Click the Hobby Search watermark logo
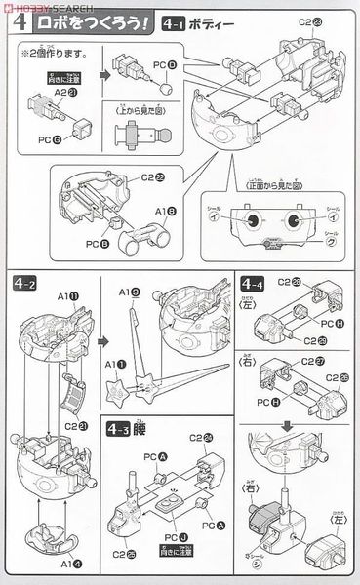pos(39,6)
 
